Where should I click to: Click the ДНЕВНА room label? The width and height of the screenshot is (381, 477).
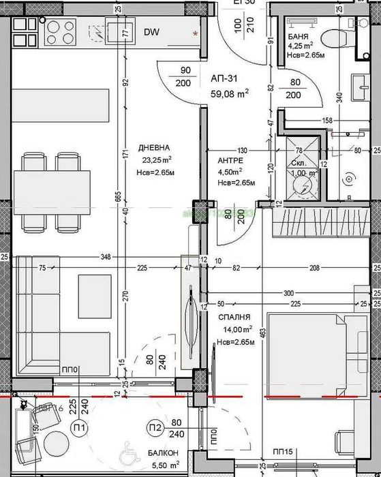tap(153, 148)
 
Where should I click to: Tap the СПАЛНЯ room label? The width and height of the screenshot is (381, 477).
tap(234, 318)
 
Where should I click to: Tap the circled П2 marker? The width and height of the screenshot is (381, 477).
tap(153, 427)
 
